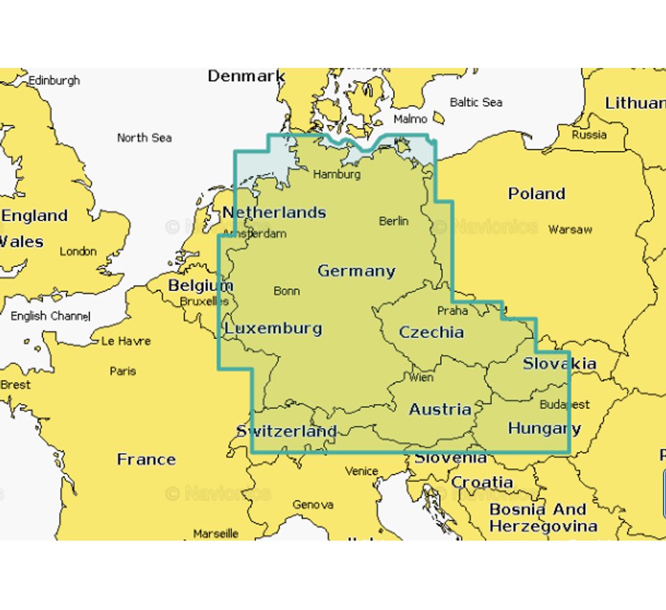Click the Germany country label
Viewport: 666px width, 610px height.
[356, 271]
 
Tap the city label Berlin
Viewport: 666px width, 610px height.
[393, 221]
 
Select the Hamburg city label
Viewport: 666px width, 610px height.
[336, 175]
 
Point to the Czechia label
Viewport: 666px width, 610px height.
[431, 332]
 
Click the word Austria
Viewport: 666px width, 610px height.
[440, 410]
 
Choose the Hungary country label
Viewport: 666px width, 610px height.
[544, 428]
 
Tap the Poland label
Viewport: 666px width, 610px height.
[536, 193]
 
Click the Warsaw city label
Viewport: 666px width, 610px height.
[570, 229]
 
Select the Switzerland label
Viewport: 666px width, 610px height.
[286, 431]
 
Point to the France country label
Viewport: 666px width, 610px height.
[146, 459]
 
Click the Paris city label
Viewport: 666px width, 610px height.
[123, 371]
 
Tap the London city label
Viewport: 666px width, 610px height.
[78, 252]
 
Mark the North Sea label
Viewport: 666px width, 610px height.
[144, 137]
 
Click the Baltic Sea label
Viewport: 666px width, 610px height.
[475, 102]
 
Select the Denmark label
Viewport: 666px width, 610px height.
[246, 76]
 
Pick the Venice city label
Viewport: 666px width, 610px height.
[361, 471]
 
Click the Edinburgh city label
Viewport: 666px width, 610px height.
[53, 80]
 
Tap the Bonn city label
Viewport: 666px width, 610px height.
[287, 290]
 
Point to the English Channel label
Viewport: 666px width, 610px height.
[50, 316]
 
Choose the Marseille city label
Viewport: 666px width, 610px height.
[215, 534]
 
